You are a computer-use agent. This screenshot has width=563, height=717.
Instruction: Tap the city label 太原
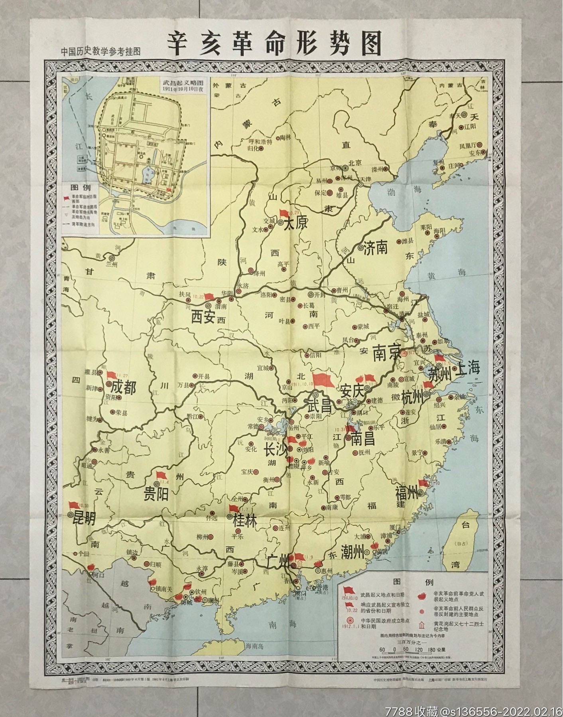295,224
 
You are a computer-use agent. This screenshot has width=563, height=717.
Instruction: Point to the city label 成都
124,388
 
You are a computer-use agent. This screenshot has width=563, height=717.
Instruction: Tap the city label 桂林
245,519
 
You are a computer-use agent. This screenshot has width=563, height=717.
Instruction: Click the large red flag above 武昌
323,380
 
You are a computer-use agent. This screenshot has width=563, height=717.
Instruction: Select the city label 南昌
363,439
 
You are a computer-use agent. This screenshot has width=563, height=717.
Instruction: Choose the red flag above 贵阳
161,475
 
